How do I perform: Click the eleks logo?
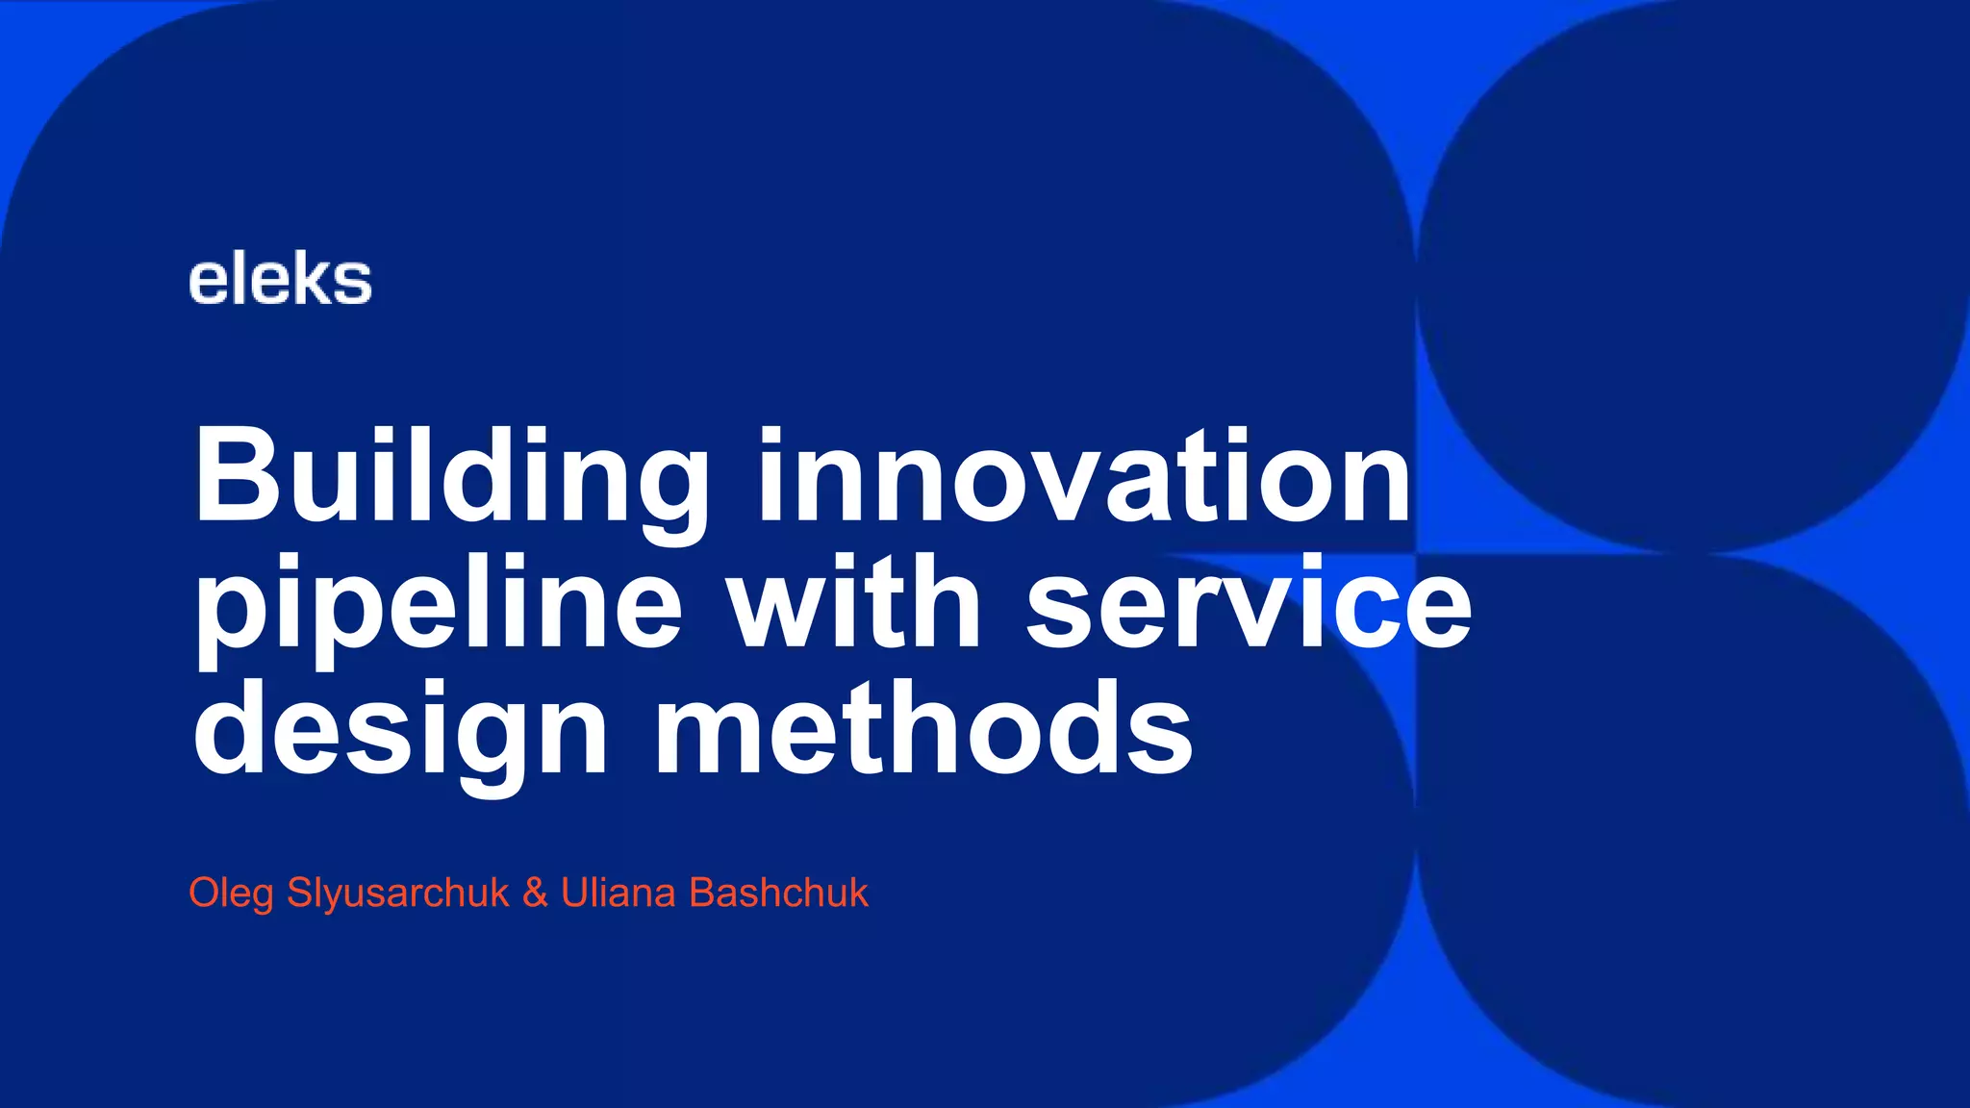(280, 281)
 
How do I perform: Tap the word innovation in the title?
(1084, 475)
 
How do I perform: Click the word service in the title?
(1249, 603)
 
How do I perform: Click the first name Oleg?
(231, 894)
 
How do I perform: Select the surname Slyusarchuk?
(397, 894)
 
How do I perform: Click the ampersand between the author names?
(535, 893)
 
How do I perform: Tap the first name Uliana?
(618, 893)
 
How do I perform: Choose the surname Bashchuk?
(778, 893)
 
